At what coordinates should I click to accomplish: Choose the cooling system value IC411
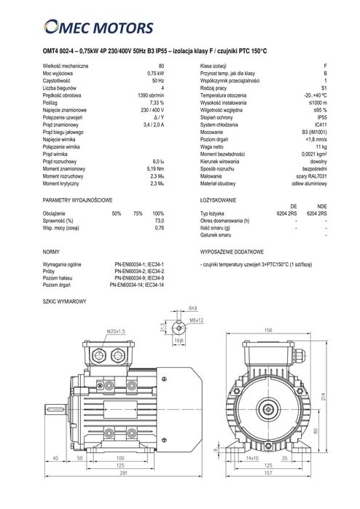click(x=320, y=125)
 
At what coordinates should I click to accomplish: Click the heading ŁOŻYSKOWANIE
click(x=218, y=198)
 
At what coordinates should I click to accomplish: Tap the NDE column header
click(x=321, y=206)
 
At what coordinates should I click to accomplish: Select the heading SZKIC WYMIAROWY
click(x=65, y=301)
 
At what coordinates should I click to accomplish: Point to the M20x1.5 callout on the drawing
click(x=116, y=331)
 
